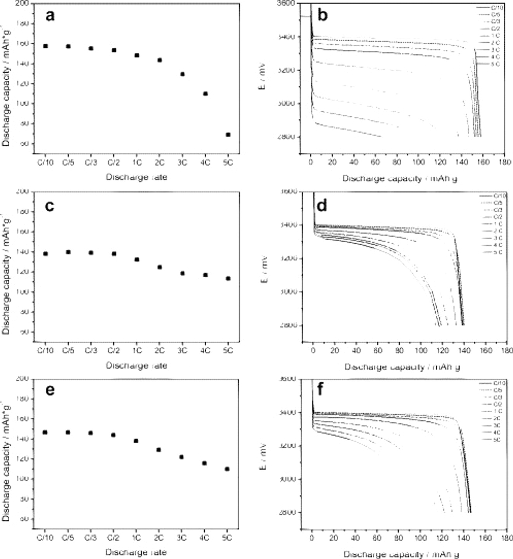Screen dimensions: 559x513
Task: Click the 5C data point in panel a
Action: pos(228,135)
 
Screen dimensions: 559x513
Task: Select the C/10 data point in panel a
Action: pos(45,46)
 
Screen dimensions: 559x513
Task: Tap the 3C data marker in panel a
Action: pos(183,74)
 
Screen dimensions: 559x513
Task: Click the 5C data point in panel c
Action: pos(228,278)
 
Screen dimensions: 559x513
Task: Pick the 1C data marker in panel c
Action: pos(137,259)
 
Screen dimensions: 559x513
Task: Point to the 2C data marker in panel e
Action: pos(158,450)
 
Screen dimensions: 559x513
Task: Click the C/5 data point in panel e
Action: pos(68,432)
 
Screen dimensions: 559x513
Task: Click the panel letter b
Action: pos(322,16)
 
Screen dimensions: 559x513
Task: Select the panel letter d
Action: pos(322,205)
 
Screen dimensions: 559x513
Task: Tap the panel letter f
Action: pos(320,389)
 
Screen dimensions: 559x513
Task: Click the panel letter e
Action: pos(50,389)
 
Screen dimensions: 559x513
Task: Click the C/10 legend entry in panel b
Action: pos(497,7)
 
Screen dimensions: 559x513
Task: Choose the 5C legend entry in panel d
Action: pos(497,252)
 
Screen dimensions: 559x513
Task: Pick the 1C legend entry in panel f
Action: pos(497,411)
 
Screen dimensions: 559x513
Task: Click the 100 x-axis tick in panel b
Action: pos(419,162)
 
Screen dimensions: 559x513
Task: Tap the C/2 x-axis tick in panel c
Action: pos(114,351)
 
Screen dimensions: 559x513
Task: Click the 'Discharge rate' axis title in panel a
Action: pos(136,177)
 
